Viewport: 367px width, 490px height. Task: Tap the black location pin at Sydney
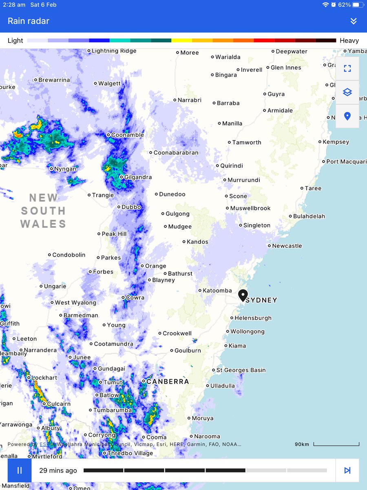[x=243, y=295]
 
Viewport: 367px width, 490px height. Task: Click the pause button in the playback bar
[x=20, y=470]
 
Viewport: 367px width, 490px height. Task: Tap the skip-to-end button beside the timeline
[x=347, y=470]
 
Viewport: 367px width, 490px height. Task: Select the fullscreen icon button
[x=347, y=69]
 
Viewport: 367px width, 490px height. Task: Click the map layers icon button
[x=347, y=92]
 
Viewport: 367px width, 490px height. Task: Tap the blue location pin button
[x=347, y=116]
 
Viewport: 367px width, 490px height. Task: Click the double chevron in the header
[x=354, y=21]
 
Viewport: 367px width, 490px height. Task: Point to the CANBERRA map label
[x=168, y=381]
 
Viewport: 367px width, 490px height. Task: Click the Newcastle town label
[x=287, y=246]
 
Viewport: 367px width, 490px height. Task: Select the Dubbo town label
[x=131, y=207]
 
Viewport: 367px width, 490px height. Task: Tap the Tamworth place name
[x=247, y=143]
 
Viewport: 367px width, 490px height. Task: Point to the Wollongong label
[x=248, y=332]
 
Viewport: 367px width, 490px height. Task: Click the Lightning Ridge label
[x=114, y=51]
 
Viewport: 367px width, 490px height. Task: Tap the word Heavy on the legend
[x=349, y=40]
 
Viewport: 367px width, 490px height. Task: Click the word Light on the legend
[x=15, y=40]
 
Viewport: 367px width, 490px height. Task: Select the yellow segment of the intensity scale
[x=181, y=40]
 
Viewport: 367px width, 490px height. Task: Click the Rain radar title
[x=29, y=21]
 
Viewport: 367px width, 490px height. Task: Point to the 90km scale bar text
[x=302, y=444]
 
